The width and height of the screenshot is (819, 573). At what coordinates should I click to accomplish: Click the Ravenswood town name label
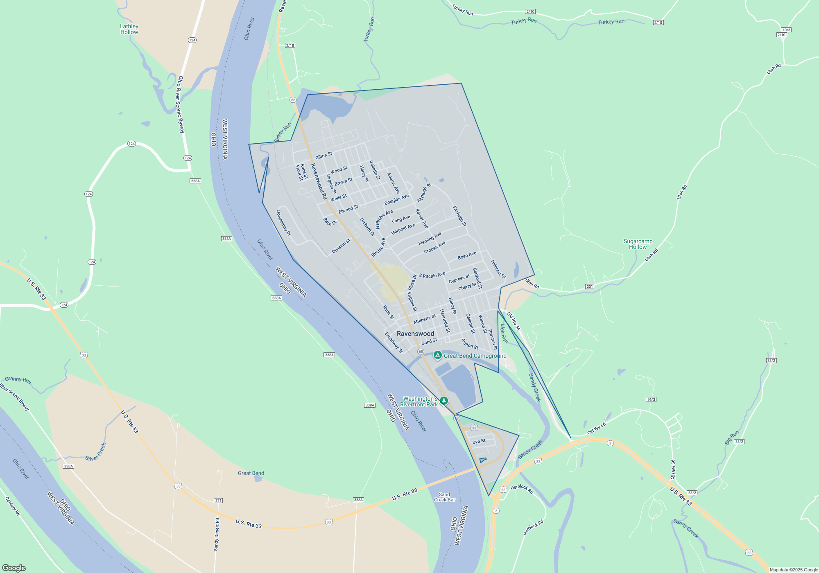pyautogui.click(x=415, y=334)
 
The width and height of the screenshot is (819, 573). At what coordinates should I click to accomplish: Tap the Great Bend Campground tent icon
pyautogui.click(x=438, y=355)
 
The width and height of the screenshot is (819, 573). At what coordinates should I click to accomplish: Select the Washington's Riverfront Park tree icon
pyautogui.click(x=444, y=401)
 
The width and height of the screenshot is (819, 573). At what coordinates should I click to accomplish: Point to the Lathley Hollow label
pyautogui.click(x=129, y=29)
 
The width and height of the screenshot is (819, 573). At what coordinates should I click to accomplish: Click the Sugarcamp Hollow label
pyautogui.click(x=638, y=244)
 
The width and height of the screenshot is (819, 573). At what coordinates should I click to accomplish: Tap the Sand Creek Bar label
pyautogui.click(x=444, y=497)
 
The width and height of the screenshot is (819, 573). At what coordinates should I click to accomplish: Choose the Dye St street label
pyautogui.click(x=479, y=442)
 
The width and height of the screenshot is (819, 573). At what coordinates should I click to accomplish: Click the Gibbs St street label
pyautogui.click(x=324, y=156)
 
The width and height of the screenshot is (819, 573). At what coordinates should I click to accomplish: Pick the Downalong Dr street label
pyautogui.click(x=283, y=223)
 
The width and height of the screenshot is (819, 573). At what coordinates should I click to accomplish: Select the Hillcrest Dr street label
pyautogui.click(x=498, y=269)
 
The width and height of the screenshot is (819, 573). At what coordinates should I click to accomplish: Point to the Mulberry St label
pyautogui.click(x=425, y=319)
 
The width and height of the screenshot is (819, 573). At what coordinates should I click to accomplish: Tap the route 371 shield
pyautogui.click(x=218, y=501)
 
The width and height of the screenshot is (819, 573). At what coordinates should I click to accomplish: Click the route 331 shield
pyautogui.click(x=590, y=286)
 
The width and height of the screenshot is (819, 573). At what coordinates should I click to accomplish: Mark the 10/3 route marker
pyautogui.click(x=786, y=30)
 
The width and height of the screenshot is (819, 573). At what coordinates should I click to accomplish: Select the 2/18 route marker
pyautogui.click(x=290, y=45)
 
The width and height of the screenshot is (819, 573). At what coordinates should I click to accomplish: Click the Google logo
pyautogui.click(x=14, y=568)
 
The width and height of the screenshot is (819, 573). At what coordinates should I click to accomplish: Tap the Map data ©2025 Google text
pyautogui.click(x=793, y=570)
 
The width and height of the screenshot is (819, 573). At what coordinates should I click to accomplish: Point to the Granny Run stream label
pyautogui.click(x=18, y=380)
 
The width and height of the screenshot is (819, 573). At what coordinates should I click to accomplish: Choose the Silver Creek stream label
pyautogui.click(x=96, y=452)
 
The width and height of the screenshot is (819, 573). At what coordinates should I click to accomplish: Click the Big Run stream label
pyautogui.click(x=731, y=438)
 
